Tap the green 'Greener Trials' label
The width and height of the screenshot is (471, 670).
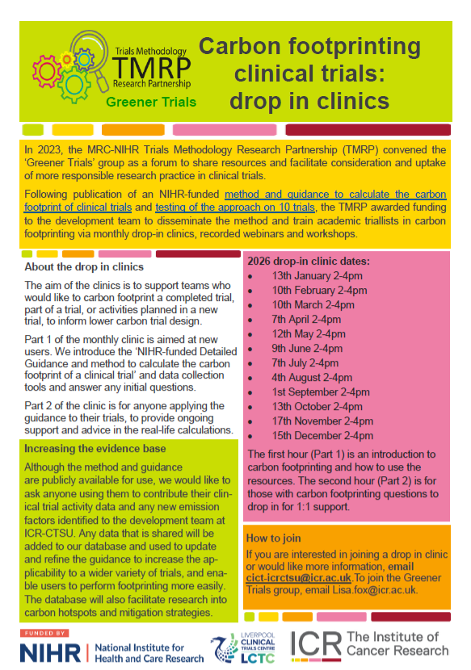150,103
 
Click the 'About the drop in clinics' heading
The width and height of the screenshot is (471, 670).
84,266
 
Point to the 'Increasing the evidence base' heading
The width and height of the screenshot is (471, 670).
95,449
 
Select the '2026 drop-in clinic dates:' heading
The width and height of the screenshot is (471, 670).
308,260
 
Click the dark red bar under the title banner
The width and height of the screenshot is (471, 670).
368,129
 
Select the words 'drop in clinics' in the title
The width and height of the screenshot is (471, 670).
309,102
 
